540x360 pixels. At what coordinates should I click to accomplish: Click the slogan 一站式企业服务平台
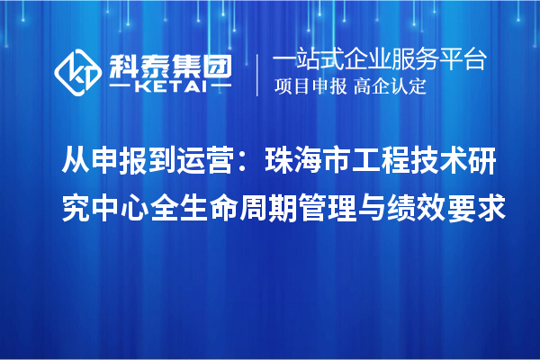coord(379,60)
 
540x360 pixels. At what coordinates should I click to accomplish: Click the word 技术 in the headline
coord(457,164)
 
